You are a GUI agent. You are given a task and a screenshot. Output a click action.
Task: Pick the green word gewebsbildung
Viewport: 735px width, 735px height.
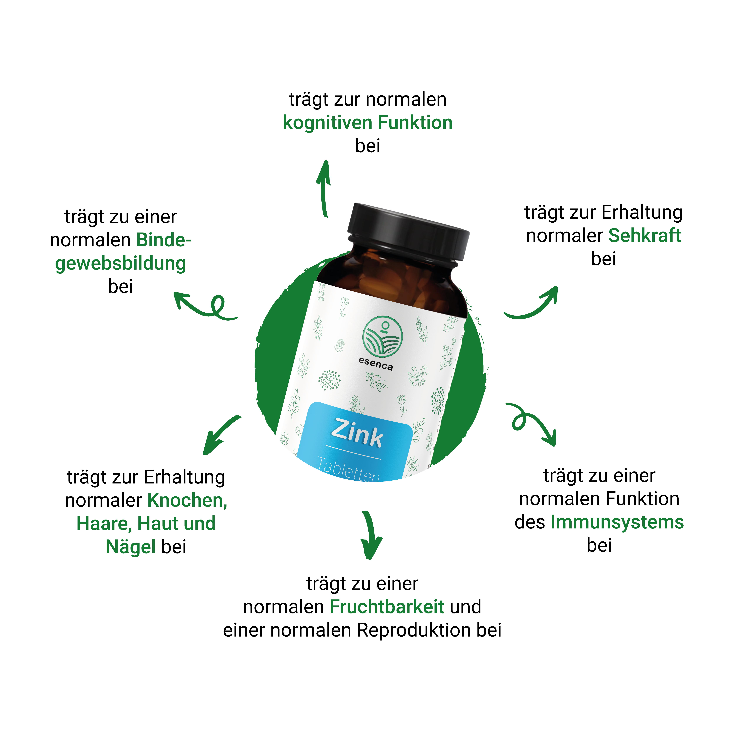[x=121, y=264]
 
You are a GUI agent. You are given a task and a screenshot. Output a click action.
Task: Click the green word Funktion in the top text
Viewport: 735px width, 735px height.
[x=415, y=123]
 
